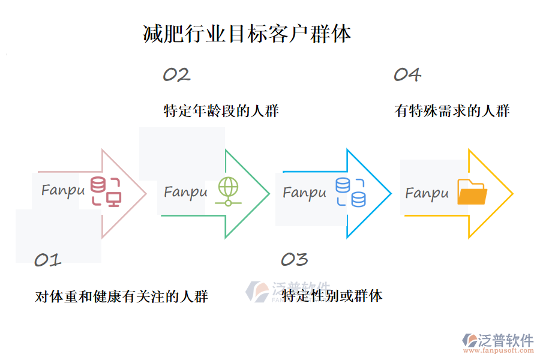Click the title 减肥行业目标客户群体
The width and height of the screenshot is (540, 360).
[247, 34]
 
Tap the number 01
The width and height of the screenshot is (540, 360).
[47, 260]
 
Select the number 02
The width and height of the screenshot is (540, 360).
[176, 74]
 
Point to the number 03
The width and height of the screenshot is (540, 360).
[294, 259]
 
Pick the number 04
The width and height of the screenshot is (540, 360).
[407, 74]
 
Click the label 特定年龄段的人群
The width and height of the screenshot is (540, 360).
[221, 111]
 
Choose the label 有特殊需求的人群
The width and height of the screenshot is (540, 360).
[452, 111]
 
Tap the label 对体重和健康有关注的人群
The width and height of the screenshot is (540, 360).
[121, 296]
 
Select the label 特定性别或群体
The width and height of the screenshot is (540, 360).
[332, 296]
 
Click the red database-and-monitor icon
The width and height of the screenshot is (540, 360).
[106, 191]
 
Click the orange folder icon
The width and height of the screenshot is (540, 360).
[472, 193]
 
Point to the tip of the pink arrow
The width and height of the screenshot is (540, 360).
[146, 193]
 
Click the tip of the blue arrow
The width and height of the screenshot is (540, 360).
[391, 193]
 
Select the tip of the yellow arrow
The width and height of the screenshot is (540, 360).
[512, 193]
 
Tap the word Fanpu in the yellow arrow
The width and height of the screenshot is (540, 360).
[427, 193]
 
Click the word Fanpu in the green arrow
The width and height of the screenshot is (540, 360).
[185, 192]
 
